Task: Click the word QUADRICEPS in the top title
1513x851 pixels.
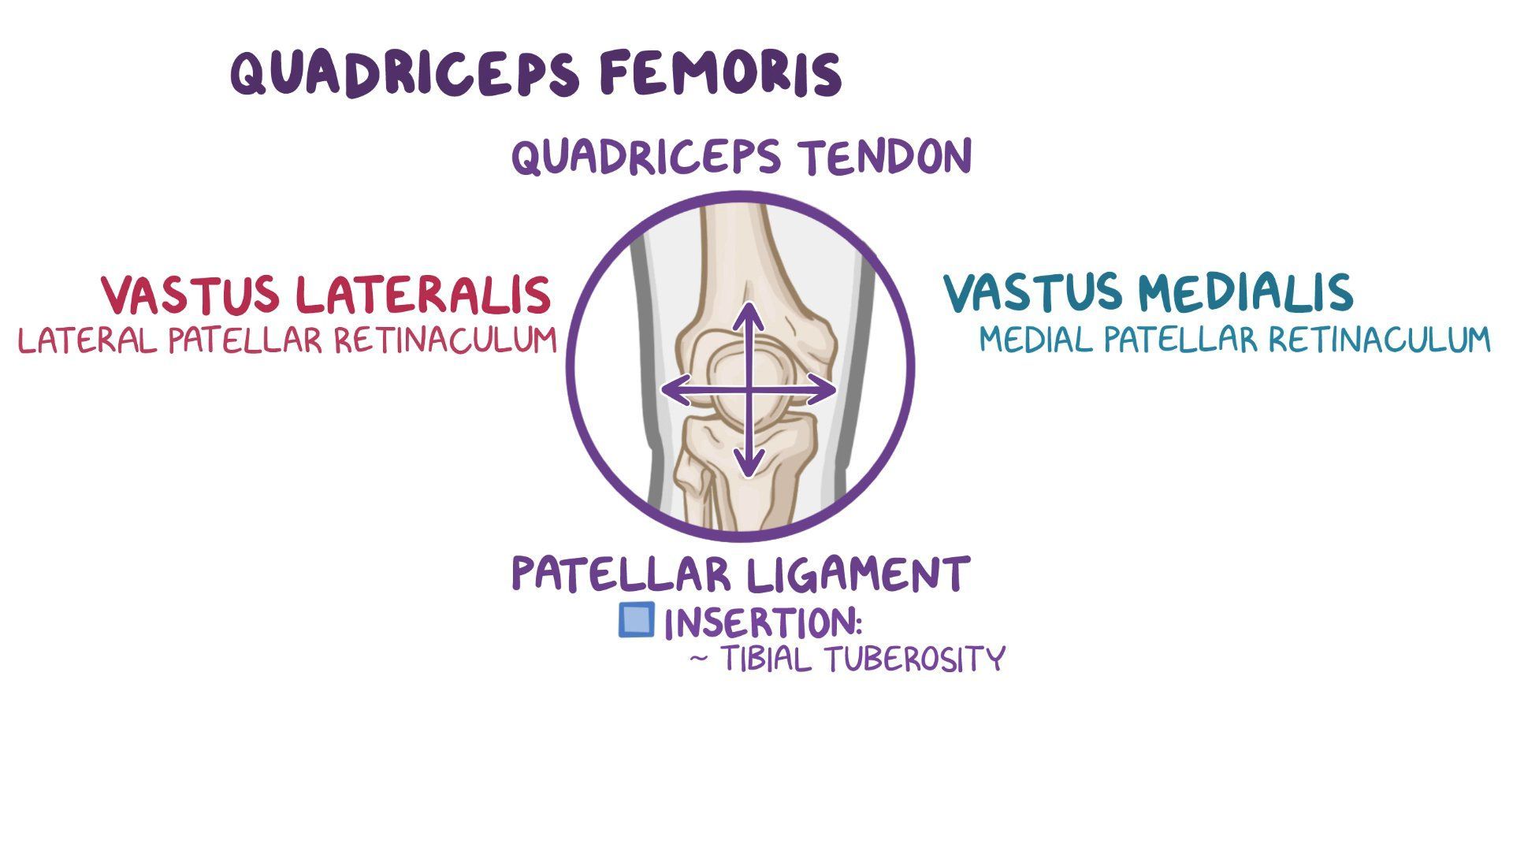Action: [407, 73]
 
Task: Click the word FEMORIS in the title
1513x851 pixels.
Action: [720, 73]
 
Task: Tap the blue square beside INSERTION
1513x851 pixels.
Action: [636, 620]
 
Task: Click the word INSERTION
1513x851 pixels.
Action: [763, 623]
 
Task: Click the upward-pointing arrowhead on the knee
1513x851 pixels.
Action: [749, 311]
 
